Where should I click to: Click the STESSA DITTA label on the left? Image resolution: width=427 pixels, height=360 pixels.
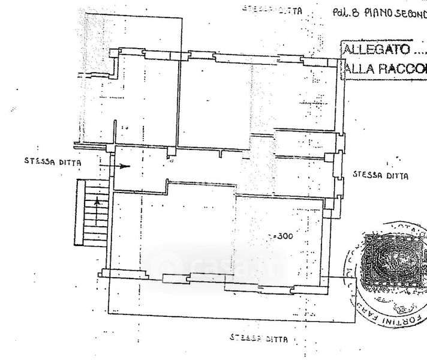click(52, 161)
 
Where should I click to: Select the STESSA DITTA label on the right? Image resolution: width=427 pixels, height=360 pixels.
click(380, 176)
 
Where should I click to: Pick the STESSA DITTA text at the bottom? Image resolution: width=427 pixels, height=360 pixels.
click(258, 338)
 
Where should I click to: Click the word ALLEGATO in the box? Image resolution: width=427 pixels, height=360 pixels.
click(376, 49)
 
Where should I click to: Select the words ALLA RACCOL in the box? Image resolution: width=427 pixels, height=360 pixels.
click(384, 69)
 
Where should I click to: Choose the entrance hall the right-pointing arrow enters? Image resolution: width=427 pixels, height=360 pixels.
click(141, 168)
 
